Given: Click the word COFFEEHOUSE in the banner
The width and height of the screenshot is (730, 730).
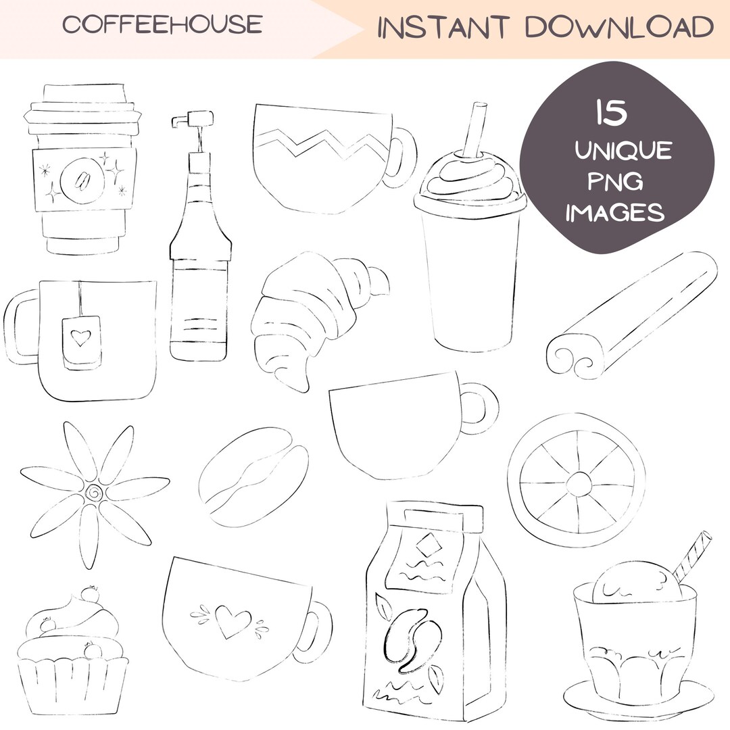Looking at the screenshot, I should point(162,25).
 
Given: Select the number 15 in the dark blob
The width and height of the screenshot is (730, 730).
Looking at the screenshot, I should point(611,113).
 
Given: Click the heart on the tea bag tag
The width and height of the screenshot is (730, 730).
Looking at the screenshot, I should point(81,337).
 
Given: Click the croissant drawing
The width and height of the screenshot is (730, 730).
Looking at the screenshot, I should point(311,318).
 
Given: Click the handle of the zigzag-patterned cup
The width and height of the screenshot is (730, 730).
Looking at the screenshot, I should point(403,157).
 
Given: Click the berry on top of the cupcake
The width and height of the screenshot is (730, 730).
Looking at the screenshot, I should point(89,594).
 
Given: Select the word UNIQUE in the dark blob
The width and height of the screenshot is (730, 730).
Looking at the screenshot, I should point(623,150).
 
